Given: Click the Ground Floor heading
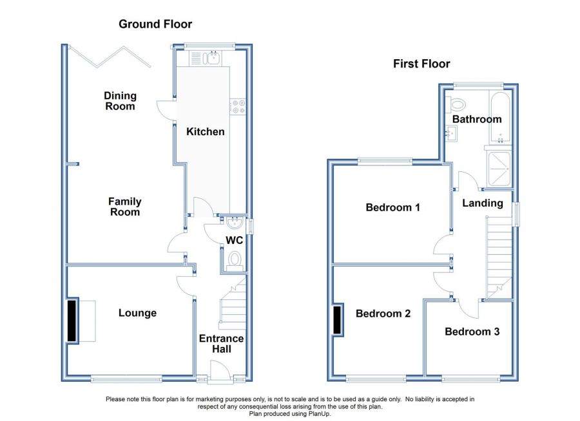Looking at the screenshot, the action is click(x=155, y=24).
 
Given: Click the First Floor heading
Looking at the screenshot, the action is click(x=421, y=64).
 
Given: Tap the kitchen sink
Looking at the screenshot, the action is click(x=206, y=59).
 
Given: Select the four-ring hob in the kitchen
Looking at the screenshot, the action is click(x=238, y=106).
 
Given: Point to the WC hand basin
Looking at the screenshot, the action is click(x=234, y=223).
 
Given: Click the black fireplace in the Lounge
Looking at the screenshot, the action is click(x=72, y=321).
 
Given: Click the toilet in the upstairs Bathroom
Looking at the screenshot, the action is click(x=456, y=104).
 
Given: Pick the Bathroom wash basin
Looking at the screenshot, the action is click(x=451, y=133).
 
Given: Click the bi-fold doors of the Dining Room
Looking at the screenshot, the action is click(x=110, y=57).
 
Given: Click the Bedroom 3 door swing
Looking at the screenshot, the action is click(x=469, y=308).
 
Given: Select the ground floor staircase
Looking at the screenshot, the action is click(x=233, y=305).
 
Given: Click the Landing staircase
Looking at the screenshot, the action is click(x=499, y=257).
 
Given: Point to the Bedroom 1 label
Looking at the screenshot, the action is click(x=393, y=207).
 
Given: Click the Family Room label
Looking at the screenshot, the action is click(x=124, y=207).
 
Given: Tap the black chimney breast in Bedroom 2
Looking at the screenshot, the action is click(x=338, y=320).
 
